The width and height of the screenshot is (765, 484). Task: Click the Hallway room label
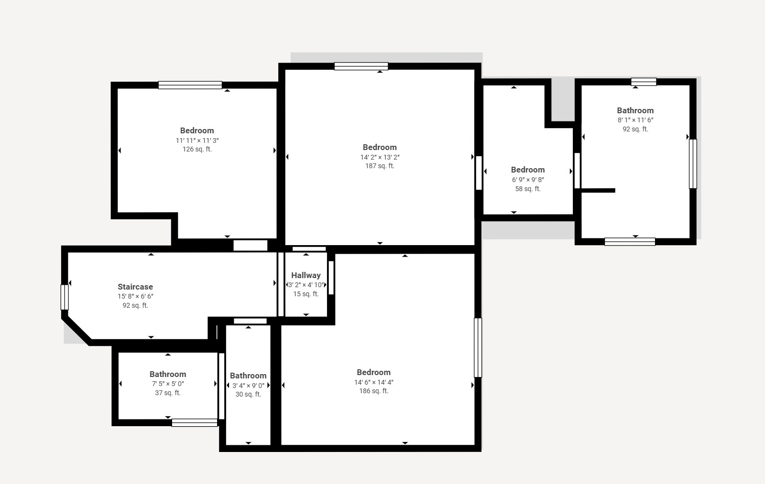[306, 275]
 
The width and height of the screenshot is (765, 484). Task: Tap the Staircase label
[135, 287]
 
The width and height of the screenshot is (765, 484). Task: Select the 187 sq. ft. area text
[380, 166]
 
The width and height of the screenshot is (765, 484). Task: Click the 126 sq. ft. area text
[197, 149]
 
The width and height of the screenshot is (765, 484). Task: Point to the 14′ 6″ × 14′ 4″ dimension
[373, 382]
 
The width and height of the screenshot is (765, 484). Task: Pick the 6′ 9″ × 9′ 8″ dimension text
[528, 180]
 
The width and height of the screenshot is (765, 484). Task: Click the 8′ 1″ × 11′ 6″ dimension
[635, 120]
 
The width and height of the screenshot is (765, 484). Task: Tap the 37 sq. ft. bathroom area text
[168, 393]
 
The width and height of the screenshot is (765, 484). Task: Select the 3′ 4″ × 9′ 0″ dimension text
[248, 386]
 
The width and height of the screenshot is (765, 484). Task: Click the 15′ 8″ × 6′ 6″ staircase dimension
[135, 296]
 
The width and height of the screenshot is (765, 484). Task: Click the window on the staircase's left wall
[65, 297]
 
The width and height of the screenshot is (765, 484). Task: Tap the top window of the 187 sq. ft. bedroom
[361, 66]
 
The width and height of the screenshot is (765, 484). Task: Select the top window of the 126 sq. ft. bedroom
[190, 85]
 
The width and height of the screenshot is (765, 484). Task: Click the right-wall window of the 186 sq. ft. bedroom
[478, 347]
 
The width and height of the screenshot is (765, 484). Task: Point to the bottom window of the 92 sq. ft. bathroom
[630, 242]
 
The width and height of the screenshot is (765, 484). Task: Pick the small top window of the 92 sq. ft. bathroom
[644, 82]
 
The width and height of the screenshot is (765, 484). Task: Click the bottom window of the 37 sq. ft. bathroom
[194, 422]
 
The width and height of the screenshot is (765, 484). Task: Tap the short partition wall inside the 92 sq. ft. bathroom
[598, 191]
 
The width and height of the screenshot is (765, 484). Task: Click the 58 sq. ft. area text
[528, 189]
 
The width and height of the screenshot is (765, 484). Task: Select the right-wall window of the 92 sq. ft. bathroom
[693, 164]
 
